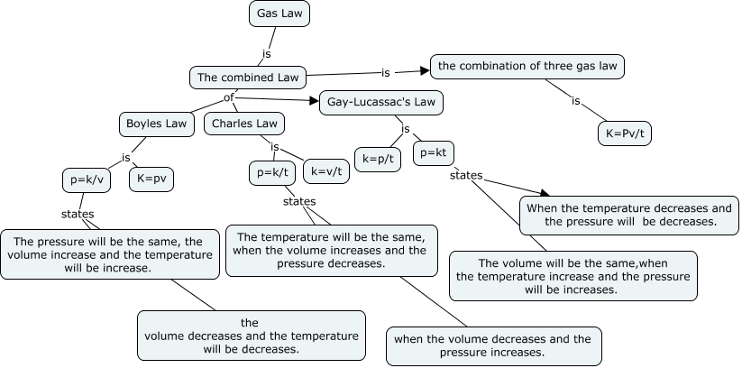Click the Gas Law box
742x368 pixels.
279,14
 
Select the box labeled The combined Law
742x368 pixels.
248,78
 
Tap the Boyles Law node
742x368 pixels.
157,124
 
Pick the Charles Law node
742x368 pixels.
244,124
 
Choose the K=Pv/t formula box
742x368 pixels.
627,133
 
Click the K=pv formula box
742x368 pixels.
151,179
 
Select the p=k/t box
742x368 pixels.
271,171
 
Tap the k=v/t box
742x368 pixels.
326,171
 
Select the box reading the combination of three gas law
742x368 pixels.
527,66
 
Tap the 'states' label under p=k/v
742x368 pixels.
78,214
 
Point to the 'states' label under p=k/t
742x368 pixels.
299,201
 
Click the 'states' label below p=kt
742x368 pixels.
466,174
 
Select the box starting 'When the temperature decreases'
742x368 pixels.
629,215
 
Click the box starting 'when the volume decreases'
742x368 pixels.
493,345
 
